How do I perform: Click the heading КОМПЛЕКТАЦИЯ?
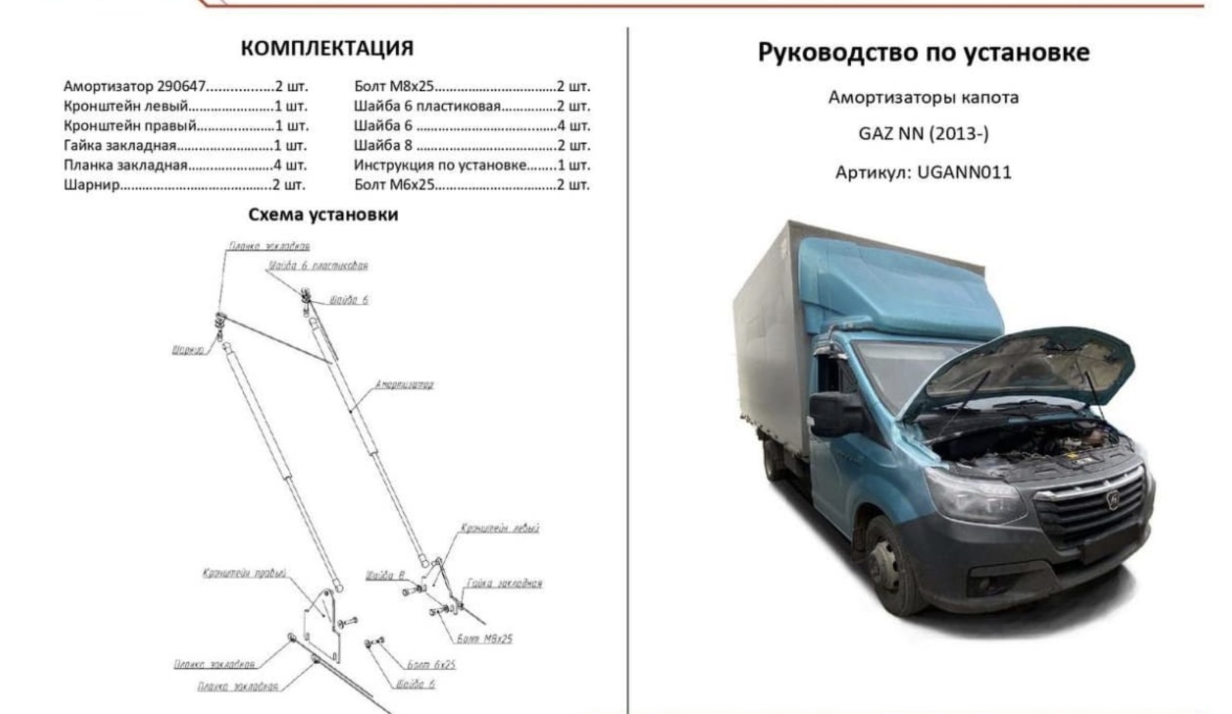pyautogui.click(x=327, y=48)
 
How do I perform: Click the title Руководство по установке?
pyautogui.click(x=923, y=52)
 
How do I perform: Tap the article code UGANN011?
pyautogui.click(x=964, y=173)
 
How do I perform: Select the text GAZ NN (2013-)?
pyautogui.click(x=923, y=134)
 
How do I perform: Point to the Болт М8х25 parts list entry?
pyautogui.click(x=393, y=87)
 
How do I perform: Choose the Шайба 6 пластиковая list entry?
pyautogui.click(x=427, y=106)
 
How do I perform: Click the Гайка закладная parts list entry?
pyautogui.click(x=120, y=146)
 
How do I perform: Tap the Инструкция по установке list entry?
pyautogui.click(x=440, y=165)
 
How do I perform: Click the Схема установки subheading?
pyautogui.click(x=323, y=215)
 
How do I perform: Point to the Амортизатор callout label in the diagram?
pyautogui.click(x=404, y=384)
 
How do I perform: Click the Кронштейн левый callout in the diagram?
pyautogui.click(x=499, y=528)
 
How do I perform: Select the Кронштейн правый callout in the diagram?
pyautogui.click(x=244, y=573)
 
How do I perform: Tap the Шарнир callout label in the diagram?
pyautogui.click(x=188, y=349)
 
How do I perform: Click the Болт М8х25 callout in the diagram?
pyautogui.click(x=484, y=639)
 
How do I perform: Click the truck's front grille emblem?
pyautogui.click(x=1113, y=499)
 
